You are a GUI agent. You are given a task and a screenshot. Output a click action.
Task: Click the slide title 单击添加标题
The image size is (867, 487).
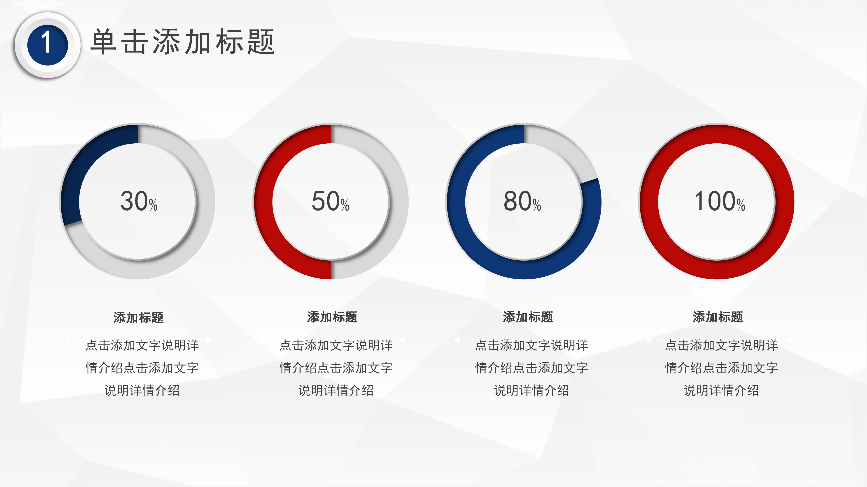(x=183, y=42)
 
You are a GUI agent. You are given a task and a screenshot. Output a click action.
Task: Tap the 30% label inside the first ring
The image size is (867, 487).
(x=139, y=201)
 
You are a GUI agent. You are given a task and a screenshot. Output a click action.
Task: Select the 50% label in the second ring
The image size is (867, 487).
(x=330, y=201)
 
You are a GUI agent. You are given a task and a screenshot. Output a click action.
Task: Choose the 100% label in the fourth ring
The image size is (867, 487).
(x=720, y=201)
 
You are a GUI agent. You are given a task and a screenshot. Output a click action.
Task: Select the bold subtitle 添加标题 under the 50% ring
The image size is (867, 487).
(x=332, y=317)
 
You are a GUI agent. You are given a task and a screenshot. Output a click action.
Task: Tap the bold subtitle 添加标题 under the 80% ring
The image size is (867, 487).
(x=528, y=317)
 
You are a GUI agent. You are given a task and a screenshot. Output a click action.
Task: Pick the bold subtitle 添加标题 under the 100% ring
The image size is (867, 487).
(x=718, y=317)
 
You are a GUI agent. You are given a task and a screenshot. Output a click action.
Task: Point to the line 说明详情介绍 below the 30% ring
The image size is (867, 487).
(x=142, y=391)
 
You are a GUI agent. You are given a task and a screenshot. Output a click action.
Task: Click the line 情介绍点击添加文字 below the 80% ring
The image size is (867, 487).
(x=531, y=368)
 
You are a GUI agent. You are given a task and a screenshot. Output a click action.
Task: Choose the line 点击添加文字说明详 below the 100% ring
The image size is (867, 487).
(x=721, y=345)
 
